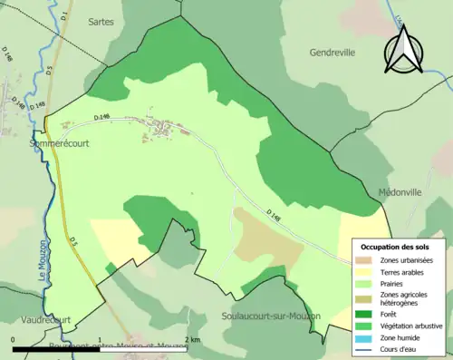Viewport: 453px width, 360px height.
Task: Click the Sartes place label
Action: pos(101,21)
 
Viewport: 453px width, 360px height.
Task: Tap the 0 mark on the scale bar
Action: pos(14,339)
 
